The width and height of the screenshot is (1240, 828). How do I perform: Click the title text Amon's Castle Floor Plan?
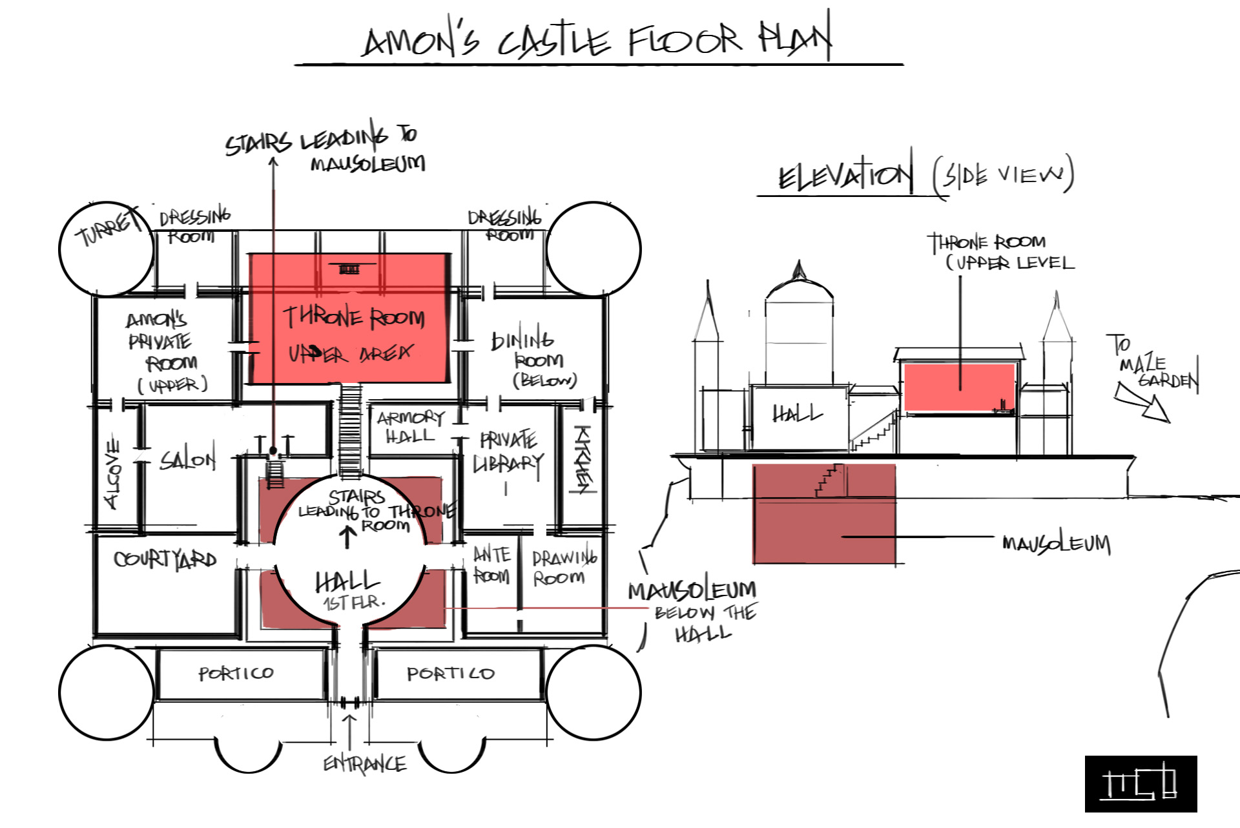click(x=597, y=40)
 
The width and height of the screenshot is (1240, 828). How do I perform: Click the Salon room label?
click(x=187, y=459)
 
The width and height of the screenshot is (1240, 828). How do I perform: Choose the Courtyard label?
click(x=165, y=559)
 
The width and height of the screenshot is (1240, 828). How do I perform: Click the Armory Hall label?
click(x=411, y=427)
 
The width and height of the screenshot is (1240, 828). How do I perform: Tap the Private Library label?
click(x=508, y=452)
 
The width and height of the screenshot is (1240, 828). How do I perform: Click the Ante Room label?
click(x=491, y=565)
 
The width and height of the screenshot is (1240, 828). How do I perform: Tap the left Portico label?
click(x=236, y=674)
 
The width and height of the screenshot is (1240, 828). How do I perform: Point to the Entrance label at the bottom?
click(x=365, y=764)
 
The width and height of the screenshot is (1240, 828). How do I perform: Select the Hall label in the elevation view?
click(x=798, y=413)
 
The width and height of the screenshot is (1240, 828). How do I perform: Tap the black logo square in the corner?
click(x=1141, y=783)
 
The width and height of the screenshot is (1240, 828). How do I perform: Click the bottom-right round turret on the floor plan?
click(x=593, y=692)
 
